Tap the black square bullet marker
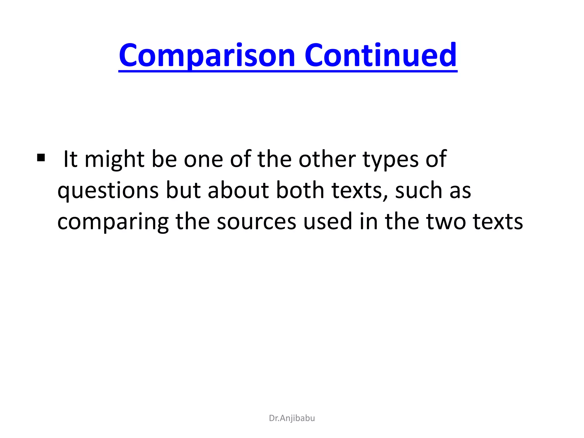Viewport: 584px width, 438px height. click(x=41, y=157)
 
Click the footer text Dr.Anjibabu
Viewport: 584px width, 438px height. click(x=292, y=418)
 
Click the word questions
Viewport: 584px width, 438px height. click(x=108, y=190)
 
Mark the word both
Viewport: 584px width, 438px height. click(x=300, y=190)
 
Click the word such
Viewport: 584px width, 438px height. click(x=419, y=190)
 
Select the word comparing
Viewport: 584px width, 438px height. click(x=113, y=222)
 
